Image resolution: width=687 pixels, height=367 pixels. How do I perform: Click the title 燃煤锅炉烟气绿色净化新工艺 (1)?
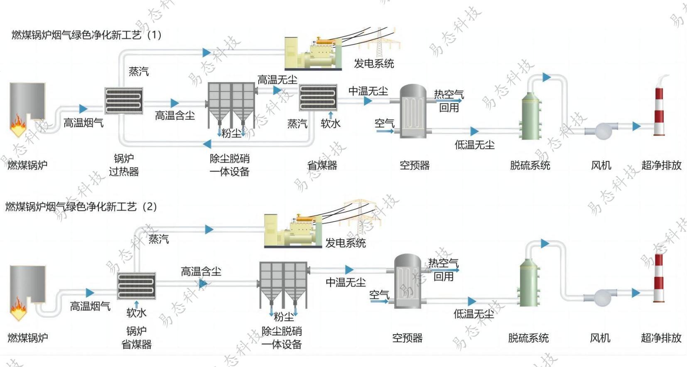(x=86, y=35)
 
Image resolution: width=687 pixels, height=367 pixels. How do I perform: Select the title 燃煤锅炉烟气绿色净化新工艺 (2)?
(x=81, y=207)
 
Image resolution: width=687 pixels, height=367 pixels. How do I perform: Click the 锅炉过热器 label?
(x=124, y=165)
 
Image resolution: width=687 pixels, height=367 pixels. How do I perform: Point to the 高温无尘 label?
(x=277, y=79)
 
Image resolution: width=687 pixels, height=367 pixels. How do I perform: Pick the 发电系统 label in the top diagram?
(x=373, y=64)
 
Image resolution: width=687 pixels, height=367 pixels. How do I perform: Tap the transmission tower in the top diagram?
(x=380, y=43)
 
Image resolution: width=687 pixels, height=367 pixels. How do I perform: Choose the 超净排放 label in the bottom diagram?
(x=661, y=338)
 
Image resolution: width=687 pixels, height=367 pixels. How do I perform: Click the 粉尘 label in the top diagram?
(x=231, y=133)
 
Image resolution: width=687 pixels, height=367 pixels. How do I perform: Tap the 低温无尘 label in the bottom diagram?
(x=474, y=314)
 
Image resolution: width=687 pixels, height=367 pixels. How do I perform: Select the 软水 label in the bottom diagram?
(x=136, y=313)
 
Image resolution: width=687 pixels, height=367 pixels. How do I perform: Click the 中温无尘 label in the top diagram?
(x=368, y=91)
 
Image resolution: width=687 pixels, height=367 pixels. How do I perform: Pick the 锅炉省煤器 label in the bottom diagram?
(x=137, y=338)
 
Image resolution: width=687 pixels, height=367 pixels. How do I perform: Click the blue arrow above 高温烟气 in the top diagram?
(x=83, y=109)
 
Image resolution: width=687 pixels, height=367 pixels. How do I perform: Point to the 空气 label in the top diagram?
(x=384, y=123)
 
